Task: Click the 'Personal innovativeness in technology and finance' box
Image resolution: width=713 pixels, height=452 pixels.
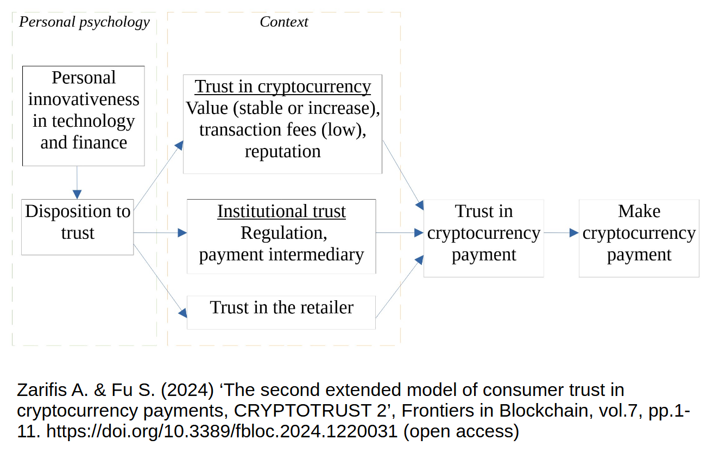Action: pyautogui.click(x=84, y=115)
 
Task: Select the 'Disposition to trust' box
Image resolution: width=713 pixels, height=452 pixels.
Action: pyautogui.click(x=78, y=226)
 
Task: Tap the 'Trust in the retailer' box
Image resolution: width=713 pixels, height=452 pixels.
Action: pyautogui.click(x=281, y=312)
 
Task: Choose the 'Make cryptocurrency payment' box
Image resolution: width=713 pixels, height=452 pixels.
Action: pyautogui.click(x=639, y=238)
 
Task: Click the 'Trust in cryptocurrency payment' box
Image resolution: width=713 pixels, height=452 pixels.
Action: pyautogui.click(x=483, y=238)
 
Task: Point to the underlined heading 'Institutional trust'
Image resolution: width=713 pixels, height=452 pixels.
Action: pyautogui.click(x=281, y=211)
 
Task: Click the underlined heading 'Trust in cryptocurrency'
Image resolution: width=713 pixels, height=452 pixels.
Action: pyautogui.click(x=283, y=86)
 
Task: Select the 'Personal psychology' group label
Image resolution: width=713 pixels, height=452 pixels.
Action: pyautogui.click(x=84, y=22)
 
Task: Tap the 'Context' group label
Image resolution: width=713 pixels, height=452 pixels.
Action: pyautogui.click(x=283, y=22)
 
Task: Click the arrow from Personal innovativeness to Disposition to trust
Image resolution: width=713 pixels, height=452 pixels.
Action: pyautogui.click(x=77, y=183)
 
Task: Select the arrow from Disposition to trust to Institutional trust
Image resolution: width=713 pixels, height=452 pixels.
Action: pyautogui.click(x=160, y=233)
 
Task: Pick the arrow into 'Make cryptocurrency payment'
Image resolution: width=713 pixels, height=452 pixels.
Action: pyautogui.click(x=561, y=233)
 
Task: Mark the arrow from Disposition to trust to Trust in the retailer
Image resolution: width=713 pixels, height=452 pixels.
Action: pyautogui.click(x=160, y=281)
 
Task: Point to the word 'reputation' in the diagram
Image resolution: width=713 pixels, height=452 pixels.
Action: pyautogui.click(x=282, y=151)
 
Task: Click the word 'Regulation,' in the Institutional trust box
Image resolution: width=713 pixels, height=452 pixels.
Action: pyautogui.click(x=283, y=233)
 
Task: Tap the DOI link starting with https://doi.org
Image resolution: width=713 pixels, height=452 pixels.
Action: pyautogui.click(x=223, y=431)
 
